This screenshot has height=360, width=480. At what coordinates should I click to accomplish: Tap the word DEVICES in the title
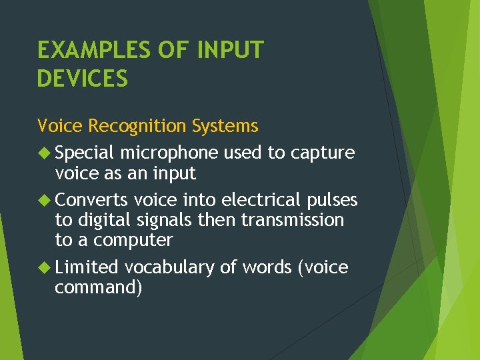point(82,79)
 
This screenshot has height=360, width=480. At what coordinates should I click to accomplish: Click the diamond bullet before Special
point(44,153)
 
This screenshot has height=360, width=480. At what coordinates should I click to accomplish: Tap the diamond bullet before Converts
point(44,200)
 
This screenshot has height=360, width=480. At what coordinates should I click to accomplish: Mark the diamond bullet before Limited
point(44,268)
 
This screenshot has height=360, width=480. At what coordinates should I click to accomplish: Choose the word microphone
point(169,153)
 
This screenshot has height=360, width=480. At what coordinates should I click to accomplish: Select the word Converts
point(91,200)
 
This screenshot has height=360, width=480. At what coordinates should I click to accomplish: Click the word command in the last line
point(98,288)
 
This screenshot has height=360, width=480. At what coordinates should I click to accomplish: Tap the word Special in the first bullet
point(85,153)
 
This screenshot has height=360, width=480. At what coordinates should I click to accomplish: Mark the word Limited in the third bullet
point(87,268)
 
